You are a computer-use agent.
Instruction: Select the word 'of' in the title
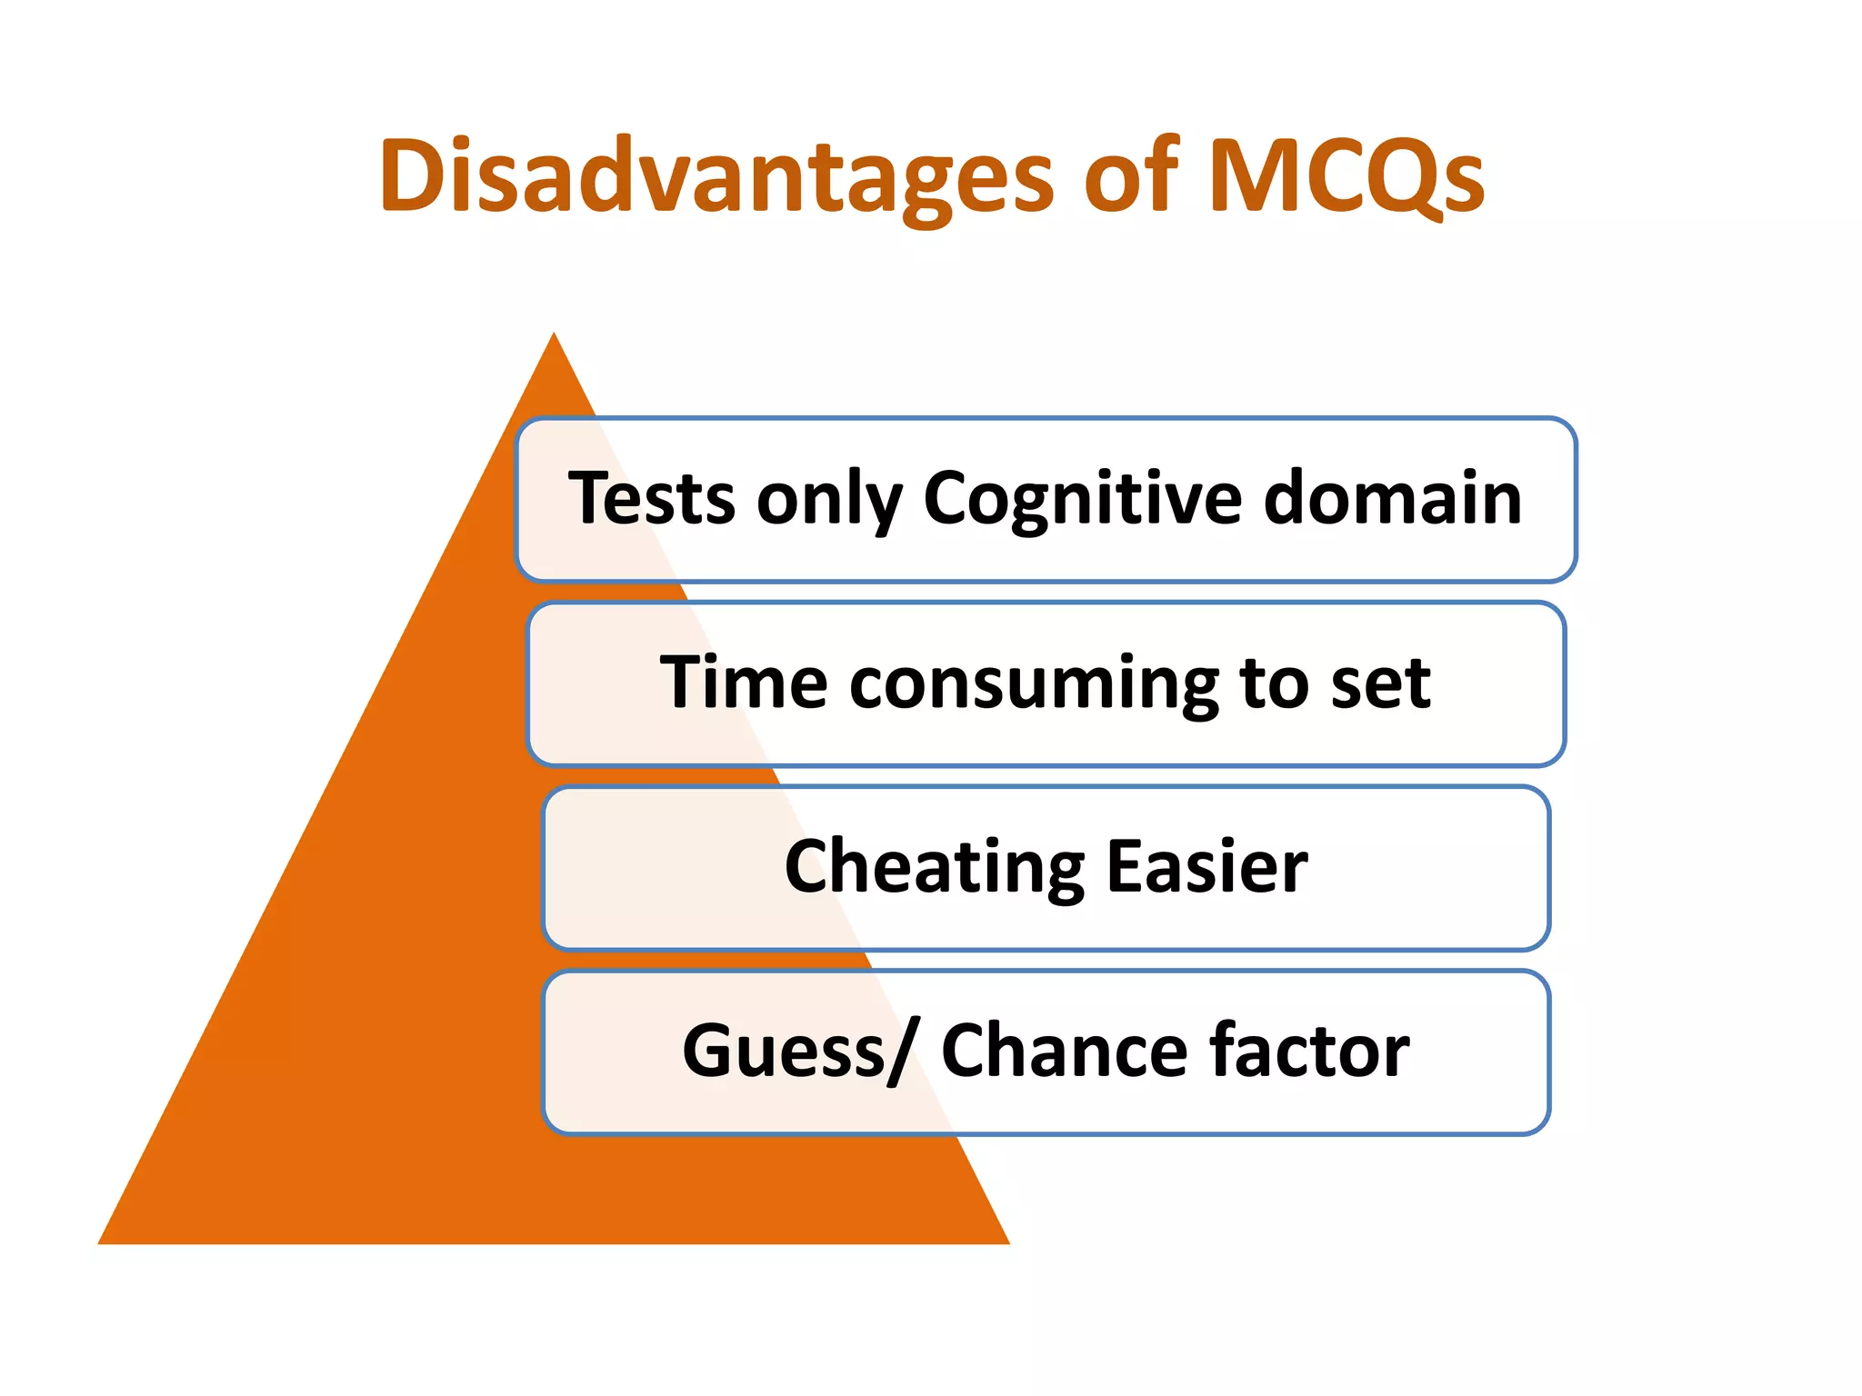coord(1131,177)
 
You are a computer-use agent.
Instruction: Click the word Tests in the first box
coord(651,499)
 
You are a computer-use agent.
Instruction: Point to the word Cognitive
coord(1082,501)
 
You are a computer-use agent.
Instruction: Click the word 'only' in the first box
coord(828,501)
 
